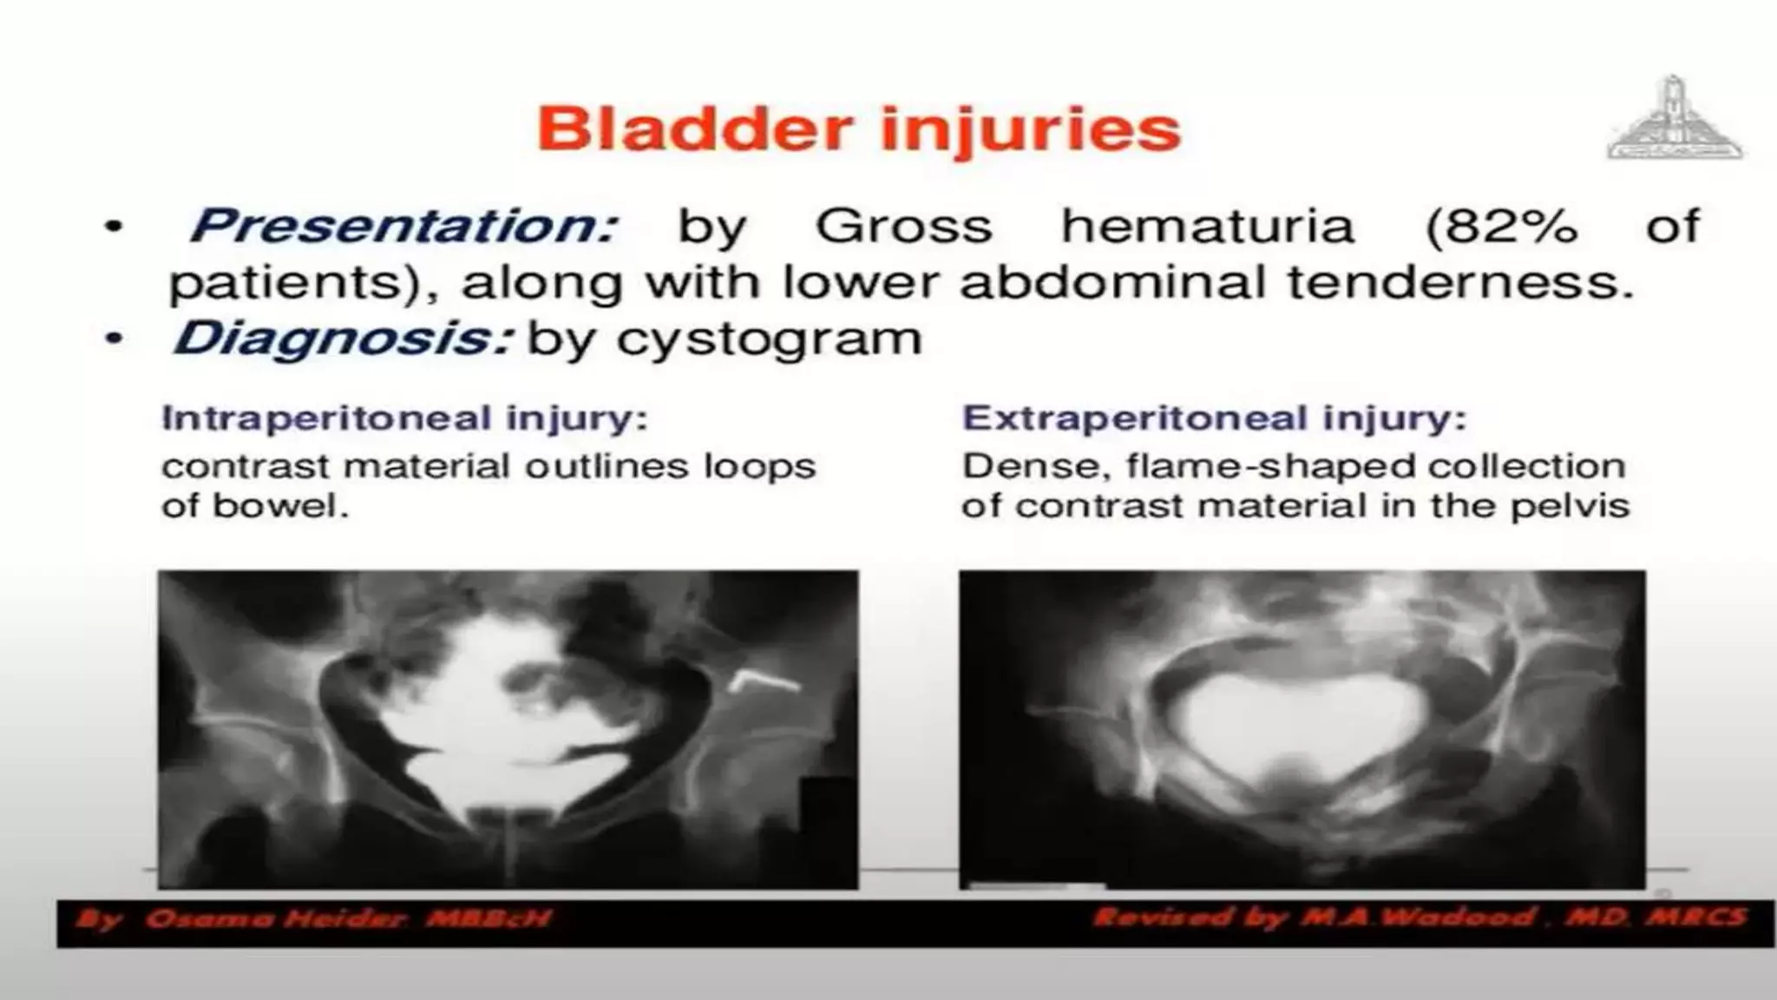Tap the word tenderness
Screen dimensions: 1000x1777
1459,282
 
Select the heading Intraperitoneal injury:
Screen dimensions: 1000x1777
404,418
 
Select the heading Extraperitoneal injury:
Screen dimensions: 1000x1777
1214,418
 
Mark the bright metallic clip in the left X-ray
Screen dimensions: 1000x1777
764,683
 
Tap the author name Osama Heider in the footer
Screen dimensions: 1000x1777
275,918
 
